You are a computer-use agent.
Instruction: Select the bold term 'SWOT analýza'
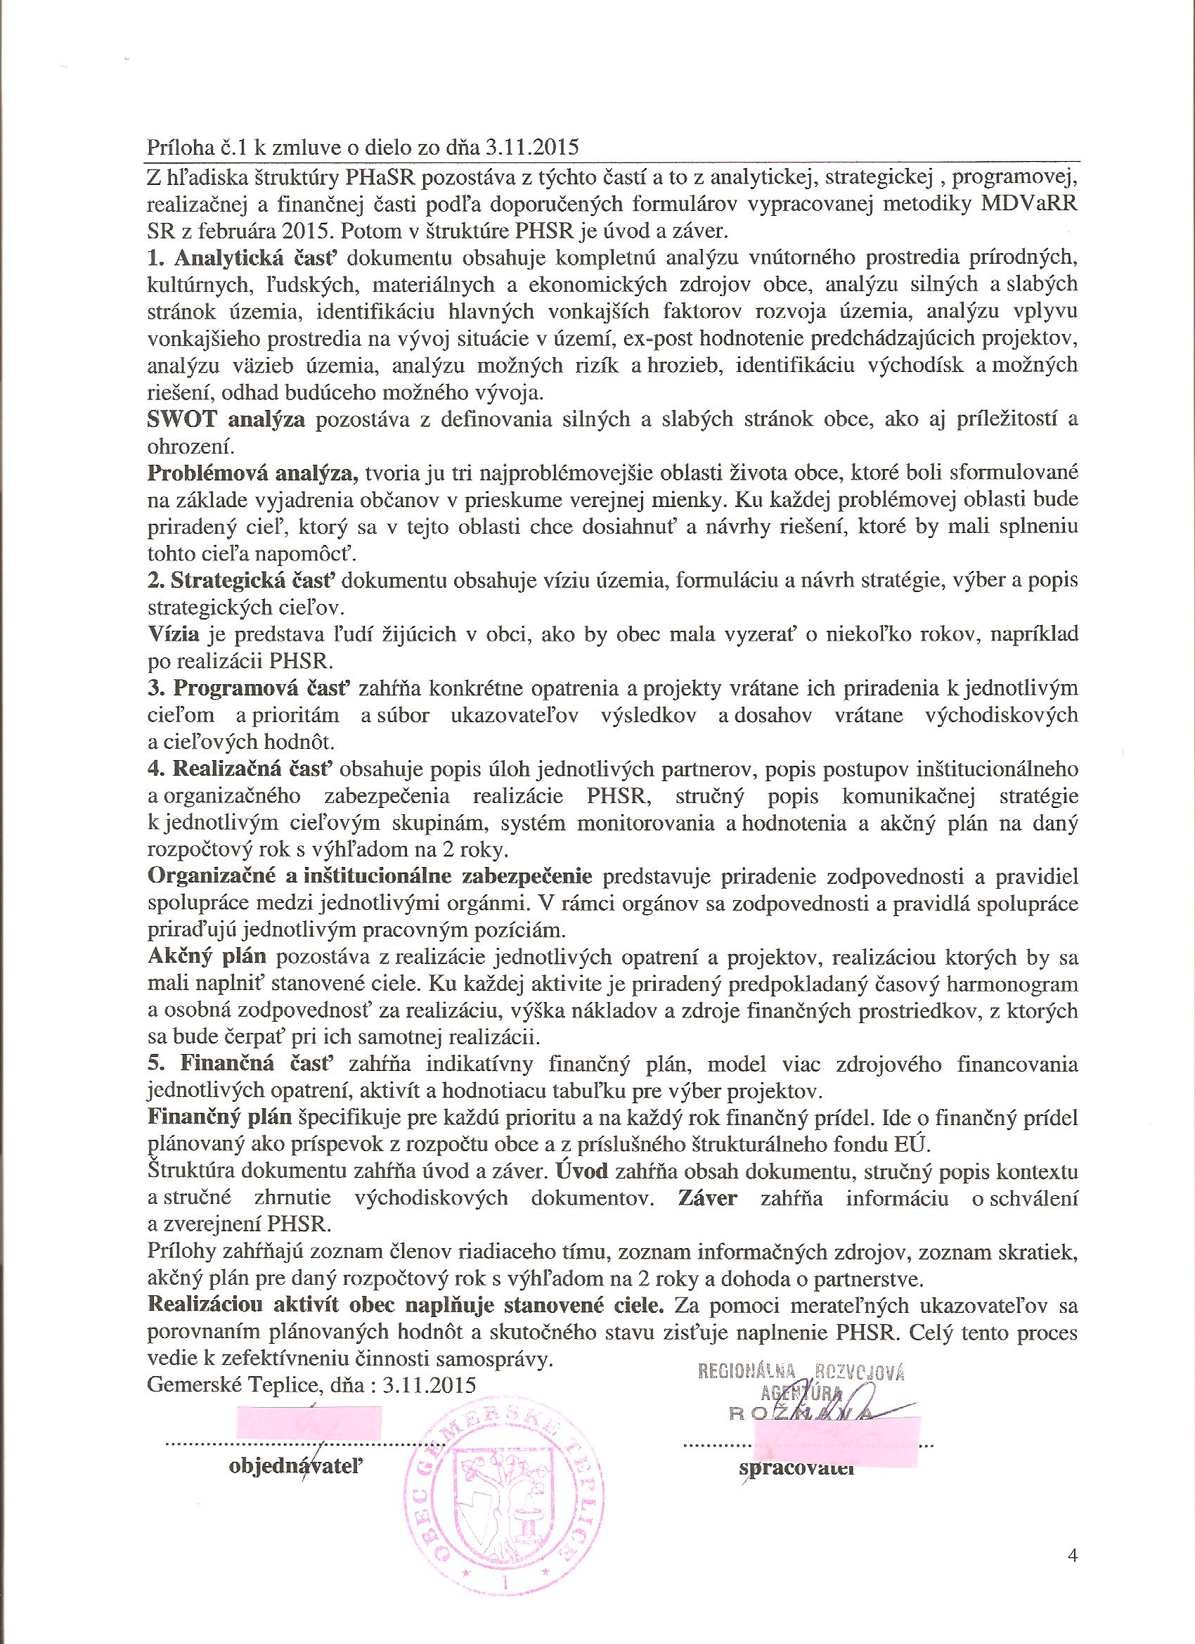226,419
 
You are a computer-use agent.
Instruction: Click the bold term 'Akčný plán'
207,958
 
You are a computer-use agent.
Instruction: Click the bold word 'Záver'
707,1199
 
